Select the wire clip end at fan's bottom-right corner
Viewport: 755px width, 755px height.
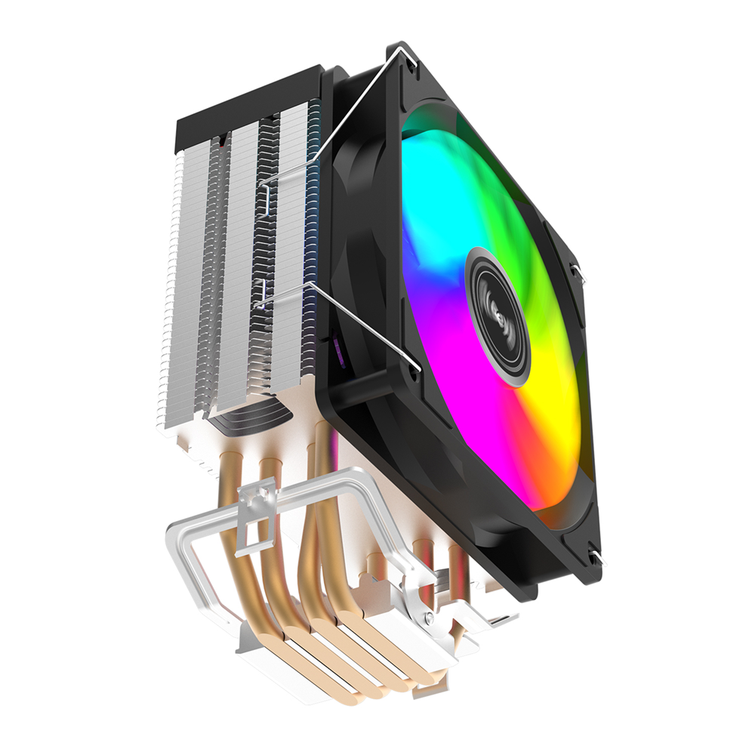click(x=596, y=559)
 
